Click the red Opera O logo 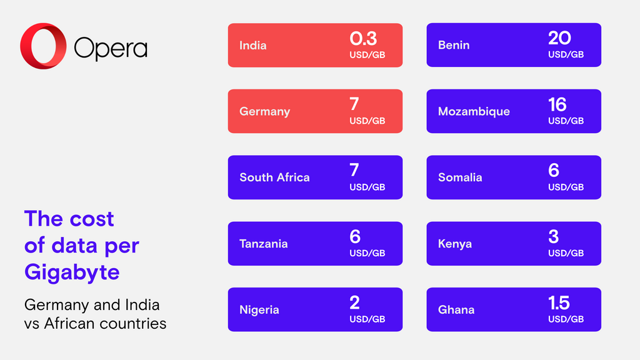(x=43, y=46)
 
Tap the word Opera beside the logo (x=111, y=47)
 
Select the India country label (x=252, y=46)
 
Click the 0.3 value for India (x=363, y=39)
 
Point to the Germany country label (x=264, y=112)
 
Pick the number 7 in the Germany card (x=354, y=104)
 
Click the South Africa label (x=274, y=177)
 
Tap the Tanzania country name (x=263, y=244)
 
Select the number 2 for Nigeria (x=354, y=303)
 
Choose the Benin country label (x=454, y=46)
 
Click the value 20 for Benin (x=559, y=39)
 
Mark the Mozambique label (x=474, y=112)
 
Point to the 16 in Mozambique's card (x=557, y=104)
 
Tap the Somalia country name (x=460, y=177)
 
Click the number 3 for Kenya (x=553, y=237)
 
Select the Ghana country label (x=456, y=310)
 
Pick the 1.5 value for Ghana (x=559, y=303)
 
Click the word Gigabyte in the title (x=72, y=272)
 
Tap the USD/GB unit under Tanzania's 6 (x=367, y=253)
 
